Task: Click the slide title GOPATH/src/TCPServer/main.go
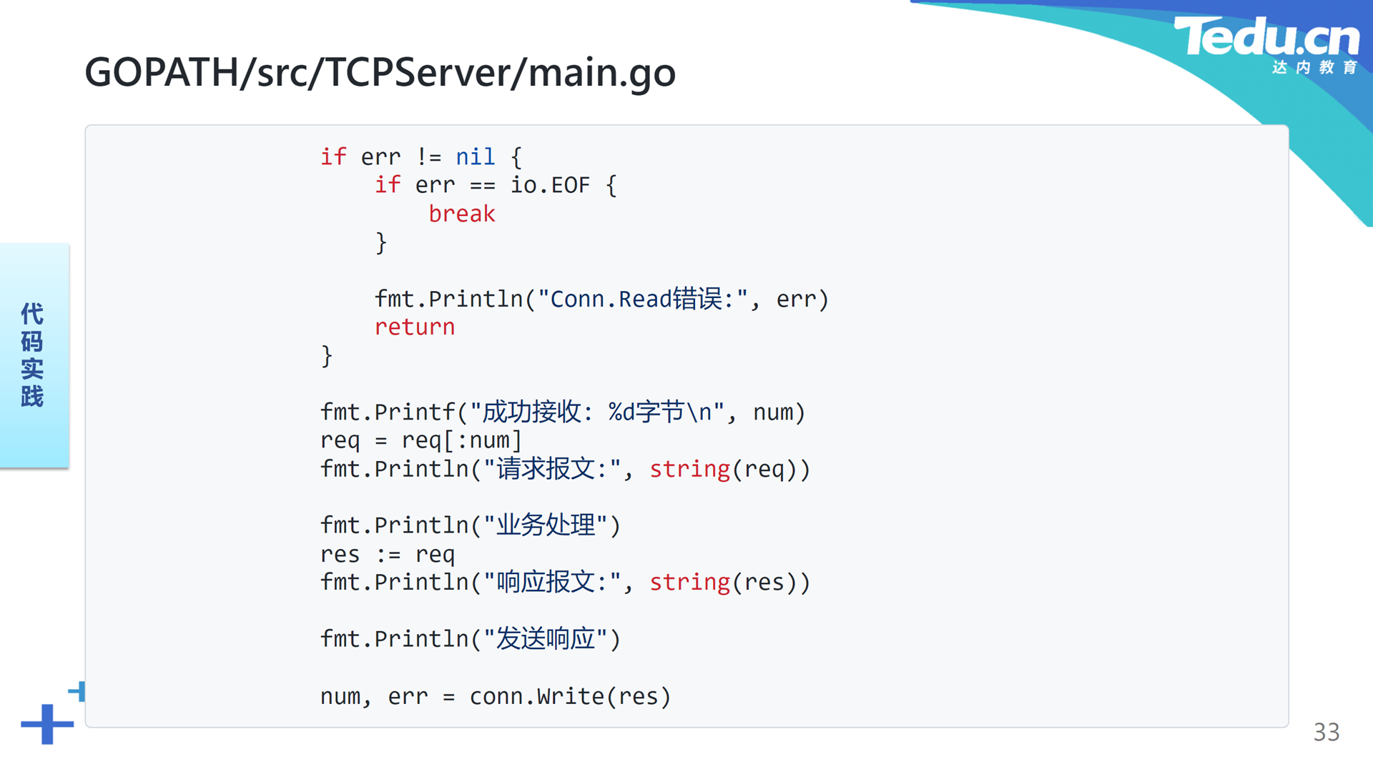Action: click(380, 72)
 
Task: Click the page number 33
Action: click(1327, 732)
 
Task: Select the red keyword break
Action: click(462, 214)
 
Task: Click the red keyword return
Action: click(415, 327)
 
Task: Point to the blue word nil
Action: click(476, 157)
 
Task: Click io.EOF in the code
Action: click(550, 185)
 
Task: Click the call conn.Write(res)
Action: click(570, 696)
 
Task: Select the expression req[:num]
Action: click(461, 440)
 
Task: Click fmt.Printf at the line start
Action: click(388, 412)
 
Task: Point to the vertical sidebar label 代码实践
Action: click(32, 355)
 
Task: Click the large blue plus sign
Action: click(47, 724)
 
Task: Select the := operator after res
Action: click(388, 554)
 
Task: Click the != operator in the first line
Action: click(429, 157)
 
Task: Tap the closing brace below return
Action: click(327, 356)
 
